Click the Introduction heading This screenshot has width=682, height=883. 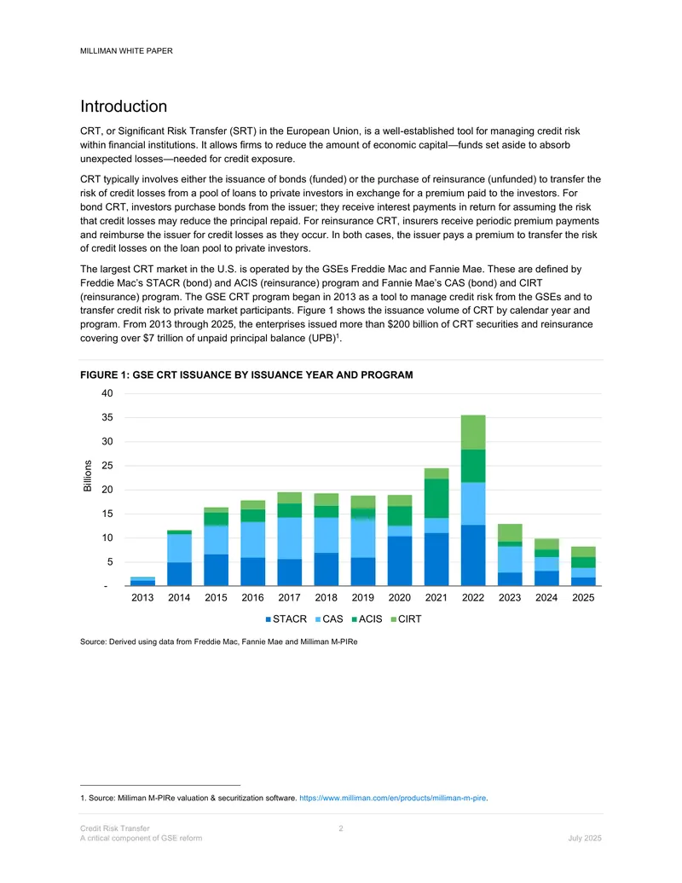(x=124, y=107)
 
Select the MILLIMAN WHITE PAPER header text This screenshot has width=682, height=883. (x=126, y=50)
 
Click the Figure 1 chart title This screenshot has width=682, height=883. (x=246, y=375)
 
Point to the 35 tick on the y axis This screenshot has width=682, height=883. (x=107, y=417)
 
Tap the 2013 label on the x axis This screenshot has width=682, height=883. (x=142, y=597)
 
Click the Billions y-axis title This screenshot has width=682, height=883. (x=88, y=476)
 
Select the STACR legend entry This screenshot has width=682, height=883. (x=286, y=619)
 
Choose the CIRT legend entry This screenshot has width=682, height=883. (x=406, y=619)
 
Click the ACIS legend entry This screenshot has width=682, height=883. (x=367, y=619)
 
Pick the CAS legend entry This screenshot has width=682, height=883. (x=329, y=619)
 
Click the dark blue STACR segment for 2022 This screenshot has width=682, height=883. (x=473, y=555)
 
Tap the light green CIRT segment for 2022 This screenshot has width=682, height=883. (x=473, y=433)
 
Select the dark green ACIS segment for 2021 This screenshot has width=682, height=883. (x=436, y=498)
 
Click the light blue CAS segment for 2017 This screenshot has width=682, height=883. (x=289, y=538)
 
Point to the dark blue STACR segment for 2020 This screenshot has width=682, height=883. (x=400, y=561)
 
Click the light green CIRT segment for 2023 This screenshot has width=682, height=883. (x=510, y=532)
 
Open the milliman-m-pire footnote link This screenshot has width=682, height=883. (x=393, y=798)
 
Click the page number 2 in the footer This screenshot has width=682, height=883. (x=341, y=828)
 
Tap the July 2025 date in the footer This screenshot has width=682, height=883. (x=585, y=838)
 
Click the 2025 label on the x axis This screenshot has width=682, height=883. (x=583, y=597)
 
